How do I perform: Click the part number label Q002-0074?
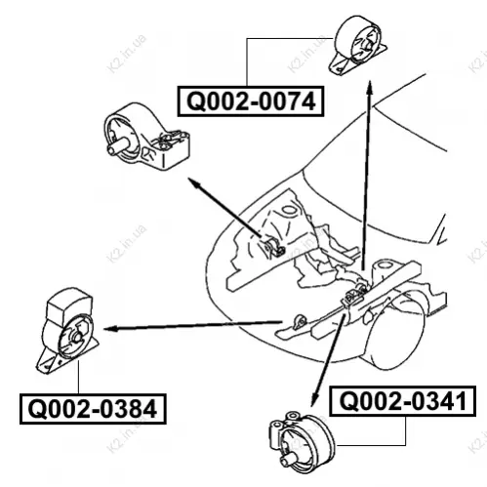[x=251, y=101]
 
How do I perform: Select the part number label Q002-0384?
[x=93, y=409]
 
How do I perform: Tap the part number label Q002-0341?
[x=403, y=401]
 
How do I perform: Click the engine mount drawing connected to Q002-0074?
[x=358, y=45]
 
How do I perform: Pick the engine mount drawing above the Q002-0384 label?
[x=66, y=331]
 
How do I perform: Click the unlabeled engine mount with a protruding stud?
[x=146, y=137]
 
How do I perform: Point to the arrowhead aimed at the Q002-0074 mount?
[x=370, y=87]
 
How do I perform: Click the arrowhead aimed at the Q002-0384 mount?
[x=110, y=329]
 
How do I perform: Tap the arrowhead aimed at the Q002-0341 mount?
[x=314, y=399]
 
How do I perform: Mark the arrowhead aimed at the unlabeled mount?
[x=194, y=183]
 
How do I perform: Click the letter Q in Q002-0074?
[x=196, y=101]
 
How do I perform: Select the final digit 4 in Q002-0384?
[x=149, y=409]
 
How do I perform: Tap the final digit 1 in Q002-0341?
[x=460, y=401]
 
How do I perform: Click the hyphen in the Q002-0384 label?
[x=94, y=411]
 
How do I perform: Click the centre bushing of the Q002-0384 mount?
[x=78, y=337]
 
